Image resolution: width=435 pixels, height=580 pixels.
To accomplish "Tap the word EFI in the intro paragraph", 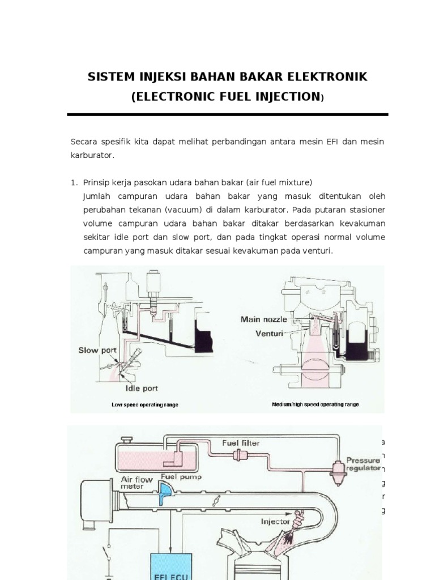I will [333, 140].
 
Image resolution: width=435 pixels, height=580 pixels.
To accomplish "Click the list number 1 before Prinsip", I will [73, 182].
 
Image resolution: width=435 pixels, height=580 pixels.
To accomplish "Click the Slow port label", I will [97, 351].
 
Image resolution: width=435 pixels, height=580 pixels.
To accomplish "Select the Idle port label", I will [142, 389].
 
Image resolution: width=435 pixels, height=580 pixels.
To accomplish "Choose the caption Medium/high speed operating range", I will [315, 405].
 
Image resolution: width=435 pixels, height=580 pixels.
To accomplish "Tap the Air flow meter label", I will [136, 482].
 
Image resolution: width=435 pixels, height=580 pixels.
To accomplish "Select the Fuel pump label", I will [181, 477].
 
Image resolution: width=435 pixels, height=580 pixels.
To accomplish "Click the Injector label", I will [275, 521].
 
